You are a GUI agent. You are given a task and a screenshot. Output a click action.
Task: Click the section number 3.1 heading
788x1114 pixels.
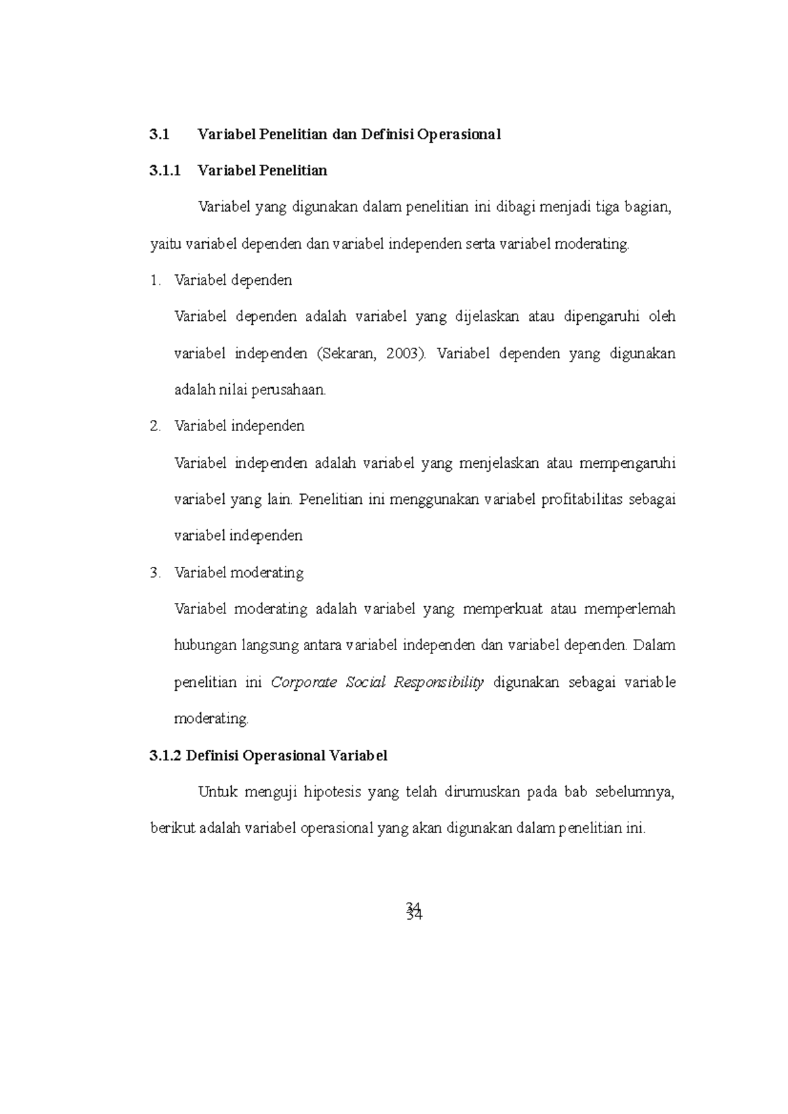[x=159, y=134]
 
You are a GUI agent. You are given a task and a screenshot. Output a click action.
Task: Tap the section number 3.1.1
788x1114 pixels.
[x=164, y=171]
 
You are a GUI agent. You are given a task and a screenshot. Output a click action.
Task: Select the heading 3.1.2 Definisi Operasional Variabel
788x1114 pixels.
[x=269, y=756]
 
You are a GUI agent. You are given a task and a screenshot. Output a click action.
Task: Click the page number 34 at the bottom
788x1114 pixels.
[x=414, y=911]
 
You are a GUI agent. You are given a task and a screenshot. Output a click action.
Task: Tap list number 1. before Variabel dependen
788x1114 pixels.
[x=155, y=281]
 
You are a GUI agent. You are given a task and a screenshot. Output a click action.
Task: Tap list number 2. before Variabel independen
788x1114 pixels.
[x=155, y=426]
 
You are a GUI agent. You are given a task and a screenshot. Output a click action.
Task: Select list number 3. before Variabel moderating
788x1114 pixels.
[x=155, y=573]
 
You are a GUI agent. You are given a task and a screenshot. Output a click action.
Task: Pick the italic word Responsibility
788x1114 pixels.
[x=439, y=683]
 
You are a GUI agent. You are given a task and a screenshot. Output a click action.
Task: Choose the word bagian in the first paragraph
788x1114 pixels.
[x=648, y=208]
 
